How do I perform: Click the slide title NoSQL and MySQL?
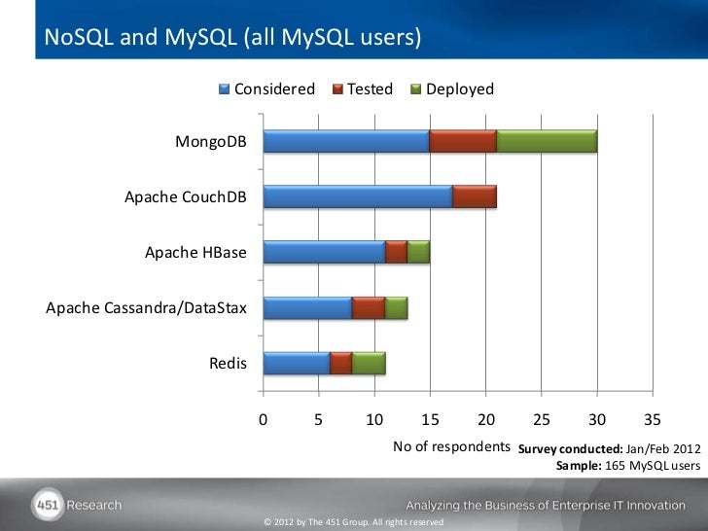tap(233, 38)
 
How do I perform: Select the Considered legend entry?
tap(267, 89)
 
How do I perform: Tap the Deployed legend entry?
tap(452, 89)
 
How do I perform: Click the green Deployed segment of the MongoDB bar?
tap(547, 141)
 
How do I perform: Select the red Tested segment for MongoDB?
tap(463, 141)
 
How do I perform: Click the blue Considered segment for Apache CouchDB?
tap(358, 196)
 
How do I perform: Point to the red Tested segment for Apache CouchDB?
tap(475, 196)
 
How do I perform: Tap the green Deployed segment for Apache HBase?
tap(418, 252)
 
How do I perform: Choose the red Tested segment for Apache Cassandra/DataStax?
tap(369, 308)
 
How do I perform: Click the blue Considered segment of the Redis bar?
tap(297, 364)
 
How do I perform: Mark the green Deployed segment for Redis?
tap(369, 364)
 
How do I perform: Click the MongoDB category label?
tap(210, 142)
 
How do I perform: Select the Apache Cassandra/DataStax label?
tap(146, 309)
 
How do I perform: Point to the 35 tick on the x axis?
tap(653, 418)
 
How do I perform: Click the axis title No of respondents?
tap(451, 446)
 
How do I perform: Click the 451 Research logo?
tap(78, 505)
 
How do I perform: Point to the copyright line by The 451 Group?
tap(354, 522)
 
